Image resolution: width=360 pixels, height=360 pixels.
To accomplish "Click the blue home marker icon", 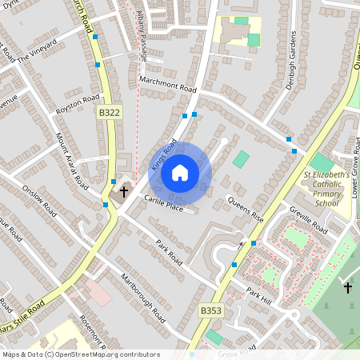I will pyautogui.click(x=180, y=173).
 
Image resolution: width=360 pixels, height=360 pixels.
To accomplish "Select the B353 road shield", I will pyautogui.click(x=210, y=310).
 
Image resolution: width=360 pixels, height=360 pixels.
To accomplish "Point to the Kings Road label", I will pyautogui.click(x=163, y=154).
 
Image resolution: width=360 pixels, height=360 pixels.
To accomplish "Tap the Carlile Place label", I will pyautogui.click(x=163, y=203).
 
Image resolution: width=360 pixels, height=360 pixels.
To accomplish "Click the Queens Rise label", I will pyautogui.click(x=246, y=209).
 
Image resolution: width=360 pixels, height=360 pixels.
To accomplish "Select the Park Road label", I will pyautogui.click(x=170, y=253).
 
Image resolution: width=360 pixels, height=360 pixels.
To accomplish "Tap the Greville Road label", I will pyautogui.click(x=309, y=220).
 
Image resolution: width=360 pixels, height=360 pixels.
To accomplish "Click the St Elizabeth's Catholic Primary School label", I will pyautogui.click(x=326, y=189).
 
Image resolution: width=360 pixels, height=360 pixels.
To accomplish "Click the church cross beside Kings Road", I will pyautogui.click(x=124, y=192).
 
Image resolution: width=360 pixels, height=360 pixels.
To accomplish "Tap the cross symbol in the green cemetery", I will pyautogui.click(x=348, y=286).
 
